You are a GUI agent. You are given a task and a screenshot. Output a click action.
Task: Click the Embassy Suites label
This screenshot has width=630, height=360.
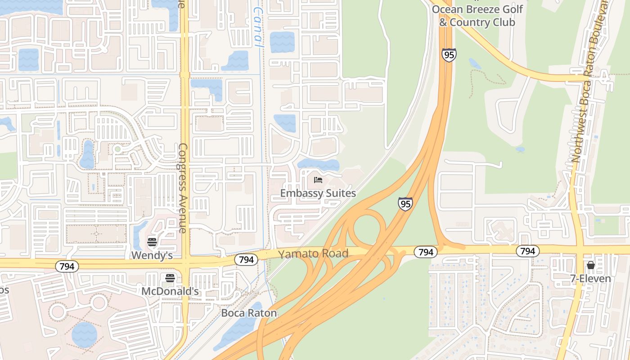(318, 193)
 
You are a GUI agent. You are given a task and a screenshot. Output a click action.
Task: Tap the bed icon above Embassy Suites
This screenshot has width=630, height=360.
(318, 180)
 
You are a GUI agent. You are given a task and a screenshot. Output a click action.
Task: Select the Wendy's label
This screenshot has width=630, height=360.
(152, 256)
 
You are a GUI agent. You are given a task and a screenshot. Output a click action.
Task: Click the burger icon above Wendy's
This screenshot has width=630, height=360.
(152, 243)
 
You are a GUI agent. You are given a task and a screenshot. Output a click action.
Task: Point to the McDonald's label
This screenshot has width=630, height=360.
(170, 292)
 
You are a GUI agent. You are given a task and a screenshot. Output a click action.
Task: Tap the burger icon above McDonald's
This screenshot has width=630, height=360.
(170, 278)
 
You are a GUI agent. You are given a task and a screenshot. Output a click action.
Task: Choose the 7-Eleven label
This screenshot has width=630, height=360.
(590, 279)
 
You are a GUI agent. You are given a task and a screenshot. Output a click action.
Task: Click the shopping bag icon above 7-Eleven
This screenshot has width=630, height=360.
(590, 265)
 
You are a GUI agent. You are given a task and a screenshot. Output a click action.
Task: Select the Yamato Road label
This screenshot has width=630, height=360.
(313, 254)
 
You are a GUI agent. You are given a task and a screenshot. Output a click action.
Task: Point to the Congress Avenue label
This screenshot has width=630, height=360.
(183, 188)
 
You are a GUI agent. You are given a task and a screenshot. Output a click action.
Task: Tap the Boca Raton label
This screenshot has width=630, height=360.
(249, 313)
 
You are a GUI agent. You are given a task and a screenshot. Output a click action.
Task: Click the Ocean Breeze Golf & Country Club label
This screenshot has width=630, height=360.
(477, 16)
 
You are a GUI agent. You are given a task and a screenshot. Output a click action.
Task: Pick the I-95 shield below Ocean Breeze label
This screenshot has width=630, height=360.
(449, 55)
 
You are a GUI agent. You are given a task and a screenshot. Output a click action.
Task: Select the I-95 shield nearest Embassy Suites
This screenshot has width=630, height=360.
(405, 204)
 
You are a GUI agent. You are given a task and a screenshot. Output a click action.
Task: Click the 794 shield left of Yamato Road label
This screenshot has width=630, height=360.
(246, 260)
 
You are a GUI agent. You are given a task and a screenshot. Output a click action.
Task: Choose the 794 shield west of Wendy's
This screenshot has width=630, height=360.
(67, 266)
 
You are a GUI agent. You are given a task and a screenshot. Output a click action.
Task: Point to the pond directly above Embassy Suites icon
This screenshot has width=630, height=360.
(319, 165)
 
